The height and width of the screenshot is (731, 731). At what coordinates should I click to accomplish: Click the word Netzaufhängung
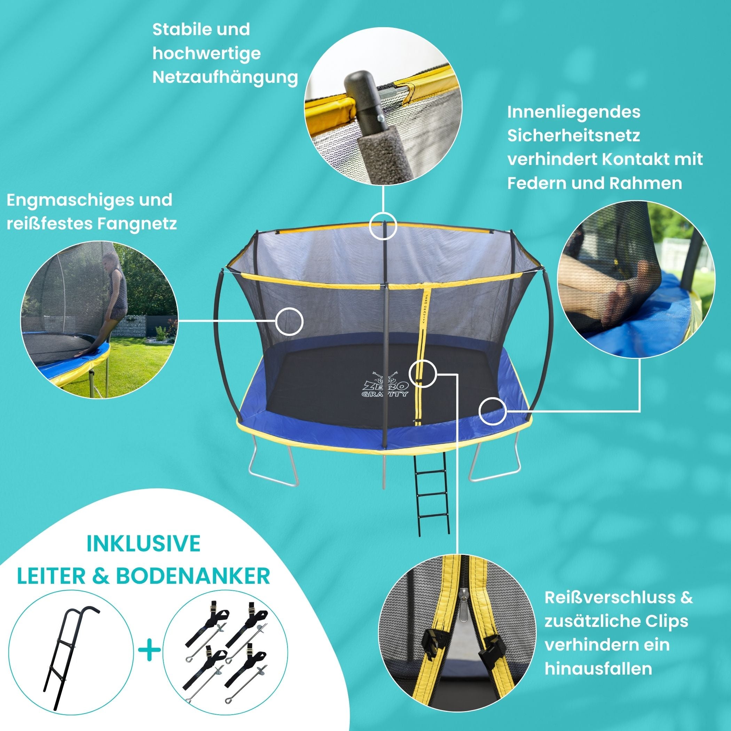225,78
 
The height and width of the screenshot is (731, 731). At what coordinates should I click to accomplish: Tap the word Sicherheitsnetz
574,135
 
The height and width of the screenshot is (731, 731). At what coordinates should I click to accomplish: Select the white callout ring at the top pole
383,226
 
